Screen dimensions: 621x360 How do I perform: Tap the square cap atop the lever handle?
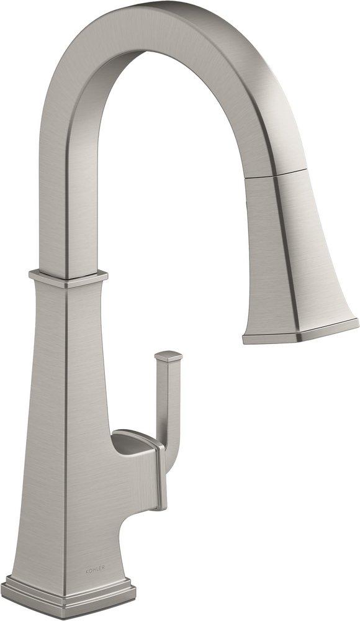169,356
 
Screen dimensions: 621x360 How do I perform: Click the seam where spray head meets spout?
276,172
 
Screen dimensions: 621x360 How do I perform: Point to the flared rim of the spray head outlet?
301,332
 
